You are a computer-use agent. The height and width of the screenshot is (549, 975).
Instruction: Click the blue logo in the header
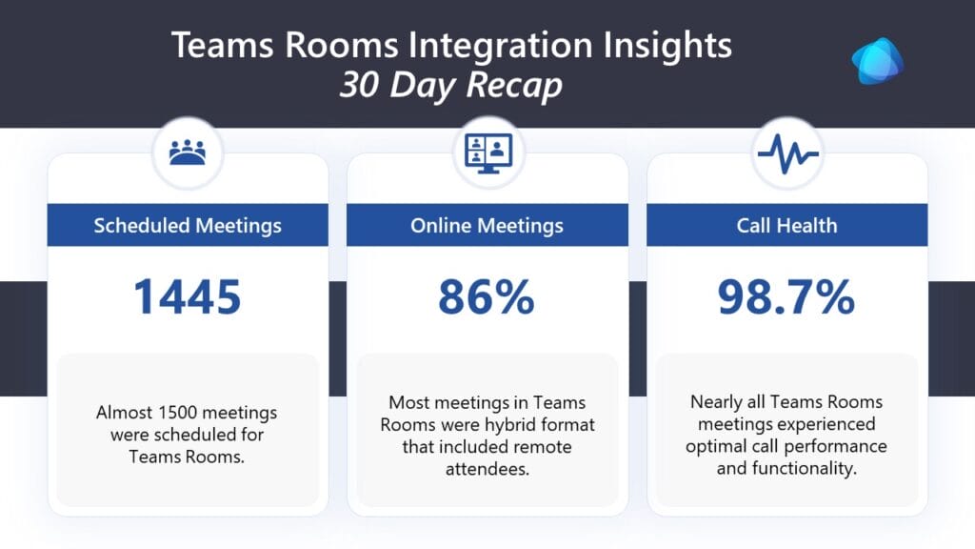(x=877, y=60)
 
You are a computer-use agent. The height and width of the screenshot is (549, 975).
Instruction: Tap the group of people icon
(x=188, y=152)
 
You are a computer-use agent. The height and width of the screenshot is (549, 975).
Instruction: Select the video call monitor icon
(x=488, y=153)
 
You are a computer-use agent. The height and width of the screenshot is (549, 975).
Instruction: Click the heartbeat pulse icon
(x=787, y=153)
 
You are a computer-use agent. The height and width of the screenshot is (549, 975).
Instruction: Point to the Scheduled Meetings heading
(x=188, y=225)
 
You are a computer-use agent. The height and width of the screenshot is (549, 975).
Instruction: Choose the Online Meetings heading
(x=487, y=225)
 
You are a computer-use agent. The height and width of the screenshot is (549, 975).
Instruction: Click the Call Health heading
(x=786, y=225)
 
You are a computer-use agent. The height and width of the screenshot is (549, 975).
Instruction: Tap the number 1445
(x=188, y=297)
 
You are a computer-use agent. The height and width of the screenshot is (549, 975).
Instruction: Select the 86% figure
(x=487, y=297)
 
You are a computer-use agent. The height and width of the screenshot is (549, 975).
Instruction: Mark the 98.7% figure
(x=786, y=297)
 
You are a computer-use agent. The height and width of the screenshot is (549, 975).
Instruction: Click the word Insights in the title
(x=667, y=46)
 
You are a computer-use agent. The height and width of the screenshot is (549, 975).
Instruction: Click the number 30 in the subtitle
(x=359, y=85)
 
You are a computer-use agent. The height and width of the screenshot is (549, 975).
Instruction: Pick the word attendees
(x=487, y=469)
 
